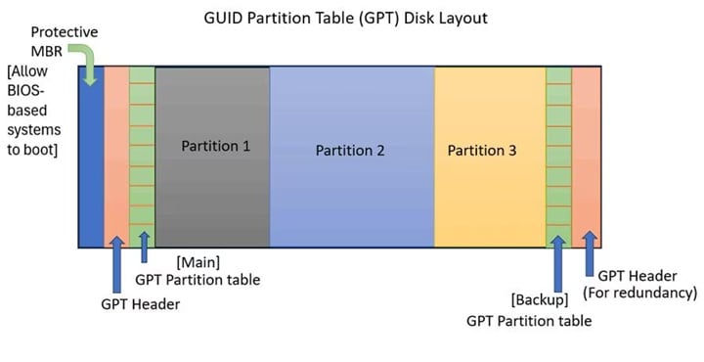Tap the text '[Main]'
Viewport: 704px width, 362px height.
(x=198, y=262)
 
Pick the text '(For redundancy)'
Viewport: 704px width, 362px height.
(x=640, y=293)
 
